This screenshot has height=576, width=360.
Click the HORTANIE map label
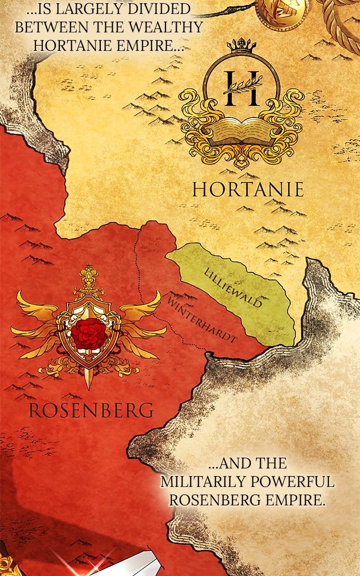tap(248, 189)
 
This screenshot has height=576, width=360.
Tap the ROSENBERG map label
tap(90, 410)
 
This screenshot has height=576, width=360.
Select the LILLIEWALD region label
tap(233, 288)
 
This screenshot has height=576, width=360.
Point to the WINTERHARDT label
tap(202, 319)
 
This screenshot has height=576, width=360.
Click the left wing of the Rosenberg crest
tap(36, 315)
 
